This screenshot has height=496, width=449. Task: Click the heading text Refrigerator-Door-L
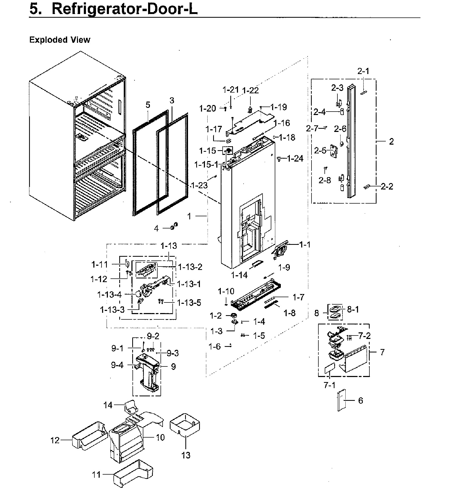tap(125, 9)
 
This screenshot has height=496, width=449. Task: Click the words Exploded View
tap(60, 40)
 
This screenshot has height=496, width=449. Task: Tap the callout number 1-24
tap(295, 159)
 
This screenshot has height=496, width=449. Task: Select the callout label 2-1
tap(363, 71)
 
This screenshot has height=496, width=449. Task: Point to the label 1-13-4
tap(109, 294)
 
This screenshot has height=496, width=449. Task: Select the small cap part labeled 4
tap(174, 226)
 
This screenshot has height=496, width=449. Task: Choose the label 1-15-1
tap(206, 165)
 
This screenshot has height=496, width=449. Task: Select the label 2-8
tap(324, 180)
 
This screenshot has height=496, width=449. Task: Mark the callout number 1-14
tap(239, 275)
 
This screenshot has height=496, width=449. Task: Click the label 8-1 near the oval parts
tap(353, 309)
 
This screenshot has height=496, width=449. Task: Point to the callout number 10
tap(160, 437)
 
